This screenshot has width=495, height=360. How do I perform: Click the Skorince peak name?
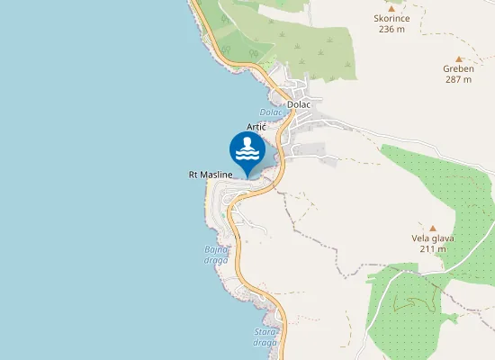pyautogui.click(x=391, y=18)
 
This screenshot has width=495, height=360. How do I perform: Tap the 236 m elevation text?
pyautogui.click(x=391, y=29)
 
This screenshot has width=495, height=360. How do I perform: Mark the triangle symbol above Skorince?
pyautogui.click(x=391, y=8)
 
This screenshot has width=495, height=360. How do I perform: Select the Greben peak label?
pyautogui.click(x=458, y=68)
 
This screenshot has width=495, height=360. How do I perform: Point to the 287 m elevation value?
pyautogui.click(x=458, y=79)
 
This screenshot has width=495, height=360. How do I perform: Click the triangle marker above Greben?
pyautogui.click(x=458, y=58)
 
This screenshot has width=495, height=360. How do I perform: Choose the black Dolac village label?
pyautogui.click(x=298, y=104)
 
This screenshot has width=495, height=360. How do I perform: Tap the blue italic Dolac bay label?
pyautogui.click(x=271, y=112)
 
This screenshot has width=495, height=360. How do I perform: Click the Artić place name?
pyautogui.click(x=256, y=128)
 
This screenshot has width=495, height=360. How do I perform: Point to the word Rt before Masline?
pyautogui.click(x=193, y=174)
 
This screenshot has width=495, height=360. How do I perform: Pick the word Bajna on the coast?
pyautogui.click(x=217, y=247)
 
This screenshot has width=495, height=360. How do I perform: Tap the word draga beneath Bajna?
pyautogui.click(x=217, y=258)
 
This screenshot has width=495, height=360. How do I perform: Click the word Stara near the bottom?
pyautogui.click(x=265, y=332)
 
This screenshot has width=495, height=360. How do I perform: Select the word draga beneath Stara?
pyautogui.click(x=265, y=343)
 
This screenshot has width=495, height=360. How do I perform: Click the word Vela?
pyautogui.click(x=421, y=238)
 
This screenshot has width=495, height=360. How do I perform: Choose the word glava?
pyautogui.click(x=444, y=238)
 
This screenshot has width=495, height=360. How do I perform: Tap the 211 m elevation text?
pyautogui.click(x=433, y=249)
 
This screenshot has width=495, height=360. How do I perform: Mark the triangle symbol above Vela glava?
pyautogui.click(x=433, y=228)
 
